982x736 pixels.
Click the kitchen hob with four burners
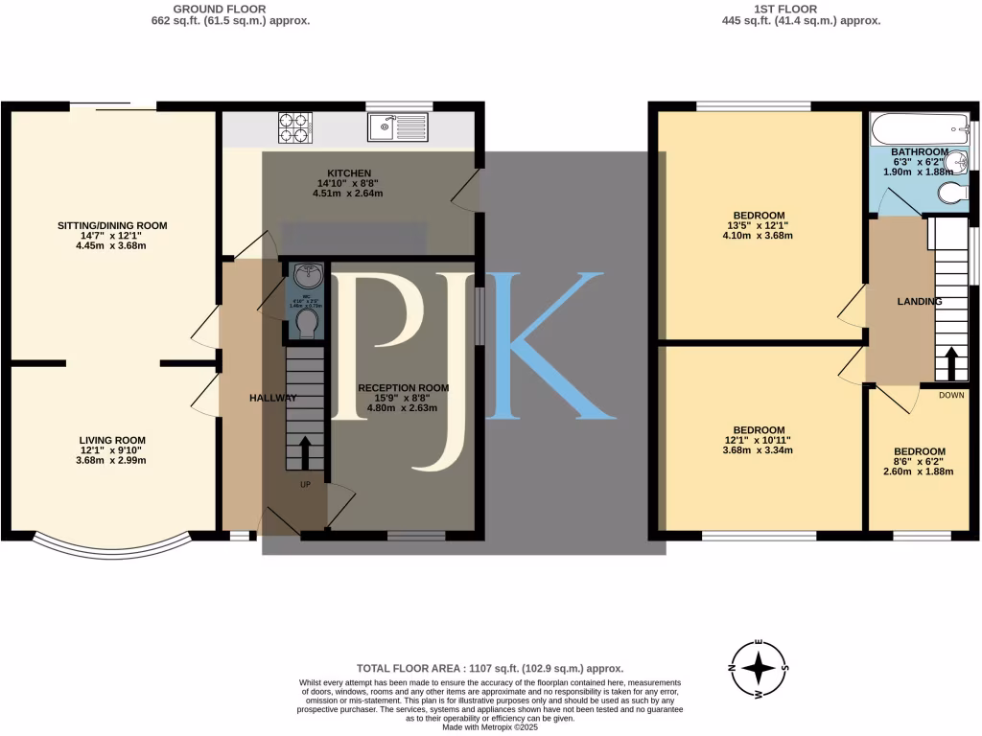pos(295,126)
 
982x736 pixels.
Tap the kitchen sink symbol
pos(398,126)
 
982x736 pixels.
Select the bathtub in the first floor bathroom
pos(918,126)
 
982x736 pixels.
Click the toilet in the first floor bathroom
pos(950,194)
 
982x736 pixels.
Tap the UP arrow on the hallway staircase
pos(306,451)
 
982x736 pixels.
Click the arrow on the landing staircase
pos(950,363)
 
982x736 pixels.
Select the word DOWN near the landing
pos(951,395)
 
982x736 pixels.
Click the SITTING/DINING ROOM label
pos(111,226)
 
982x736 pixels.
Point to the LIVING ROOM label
pos(112,440)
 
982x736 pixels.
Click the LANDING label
pos(919,302)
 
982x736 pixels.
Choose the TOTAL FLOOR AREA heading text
pos(490,668)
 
